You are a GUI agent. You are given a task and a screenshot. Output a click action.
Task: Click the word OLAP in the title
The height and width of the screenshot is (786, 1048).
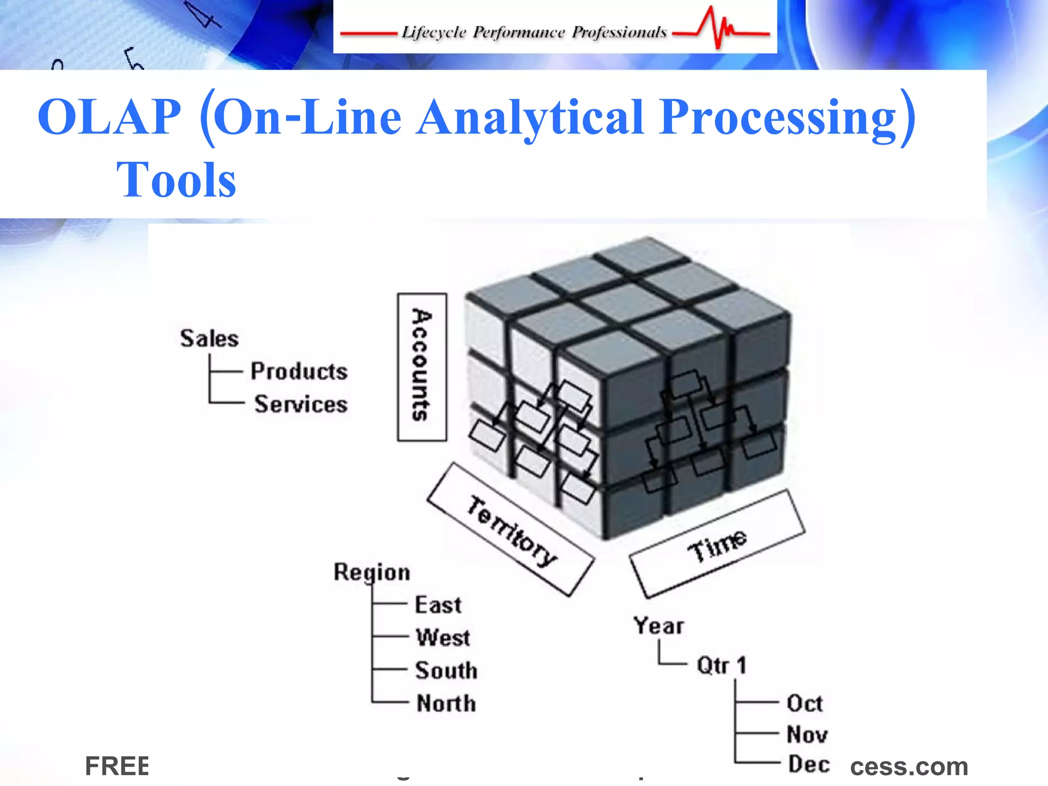pyautogui.click(x=110, y=117)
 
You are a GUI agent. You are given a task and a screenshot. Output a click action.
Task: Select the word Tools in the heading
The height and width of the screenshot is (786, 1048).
pyautogui.click(x=176, y=180)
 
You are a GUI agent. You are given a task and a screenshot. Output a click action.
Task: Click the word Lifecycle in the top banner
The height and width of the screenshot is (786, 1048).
pyautogui.click(x=433, y=32)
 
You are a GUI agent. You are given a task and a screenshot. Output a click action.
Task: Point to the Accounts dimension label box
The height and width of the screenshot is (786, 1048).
pyautogui.click(x=422, y=366)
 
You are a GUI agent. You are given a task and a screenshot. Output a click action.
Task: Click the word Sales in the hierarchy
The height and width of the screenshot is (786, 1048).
pyautogui.click(x=209, y=339)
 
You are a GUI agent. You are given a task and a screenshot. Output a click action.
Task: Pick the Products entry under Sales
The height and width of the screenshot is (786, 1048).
pyautogui.click(x=299, y=372)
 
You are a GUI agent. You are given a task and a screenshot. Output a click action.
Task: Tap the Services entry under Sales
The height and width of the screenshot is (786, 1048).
pyautogui.click(x=301, y=404)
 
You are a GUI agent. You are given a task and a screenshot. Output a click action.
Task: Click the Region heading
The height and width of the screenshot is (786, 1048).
pyautogui.click(x=372, y=572)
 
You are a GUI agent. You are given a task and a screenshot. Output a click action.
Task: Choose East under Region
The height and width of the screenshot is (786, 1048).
pyautogui.click(x=438, y=605)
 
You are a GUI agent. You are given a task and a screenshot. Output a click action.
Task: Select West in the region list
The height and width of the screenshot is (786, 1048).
pyautogui.click(x=443, y=638)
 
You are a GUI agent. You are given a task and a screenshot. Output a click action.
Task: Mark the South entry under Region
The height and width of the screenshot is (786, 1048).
pyautogui.click(x=446, y=671)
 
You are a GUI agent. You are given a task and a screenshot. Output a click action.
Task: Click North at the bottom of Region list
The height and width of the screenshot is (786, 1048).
pyautogui.click(x=446, y=704)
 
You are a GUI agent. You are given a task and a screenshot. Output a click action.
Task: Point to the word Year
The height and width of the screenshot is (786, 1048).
pyautogui.click(x=659, y=626)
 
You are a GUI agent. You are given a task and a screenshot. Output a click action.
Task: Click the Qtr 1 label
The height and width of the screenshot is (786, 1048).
pyautogui.click(x=722, y=666)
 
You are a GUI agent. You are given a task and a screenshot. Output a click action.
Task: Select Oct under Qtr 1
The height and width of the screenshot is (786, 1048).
pyautogui.click(x=804, y=704)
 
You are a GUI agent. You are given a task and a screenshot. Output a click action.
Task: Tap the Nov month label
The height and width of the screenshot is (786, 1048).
pyautogui.click(x=807, y=735)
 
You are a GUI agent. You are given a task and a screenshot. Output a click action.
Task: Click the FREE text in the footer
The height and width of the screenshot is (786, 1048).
pyautogui.click(x=117, y=766)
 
